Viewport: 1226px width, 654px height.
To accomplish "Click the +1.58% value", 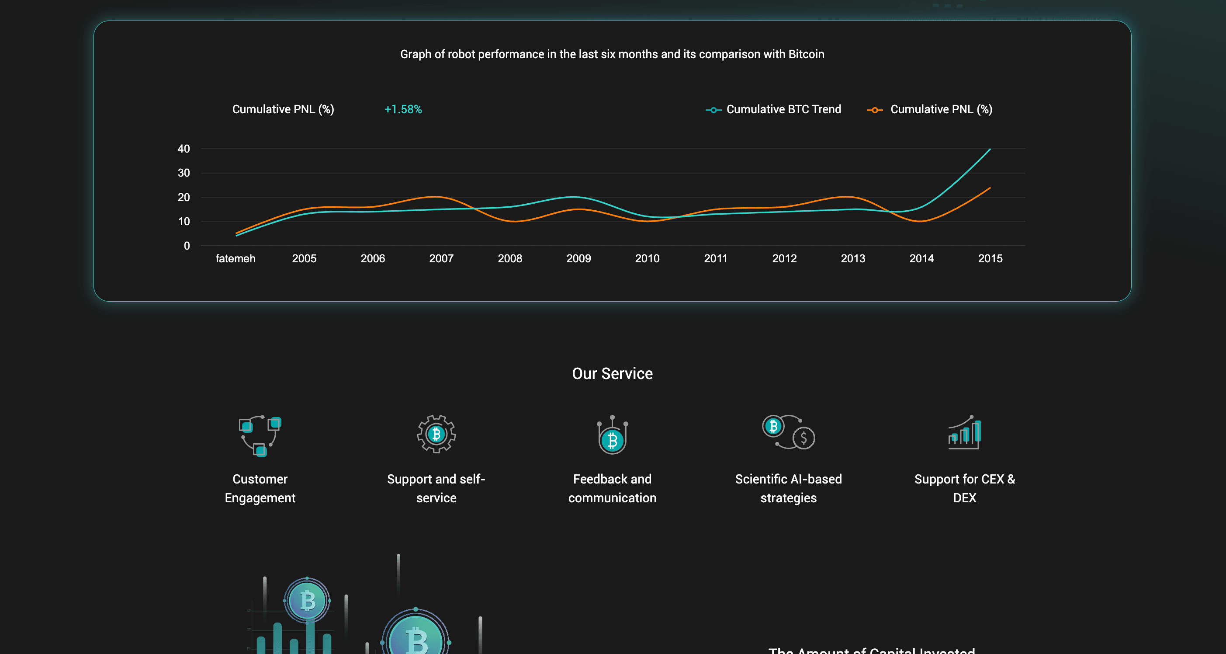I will pos(403,110).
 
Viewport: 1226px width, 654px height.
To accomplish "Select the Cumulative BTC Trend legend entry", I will pos(783,110).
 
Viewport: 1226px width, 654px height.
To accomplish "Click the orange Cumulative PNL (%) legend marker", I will pos(874,110).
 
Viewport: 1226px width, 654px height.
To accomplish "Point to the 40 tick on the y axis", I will pos(184,149).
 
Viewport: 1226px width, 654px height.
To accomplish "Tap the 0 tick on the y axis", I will pos(187,246).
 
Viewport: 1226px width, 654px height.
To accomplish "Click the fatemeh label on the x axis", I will pos(235,259).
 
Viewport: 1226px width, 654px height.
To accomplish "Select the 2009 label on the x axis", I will pos(578,259).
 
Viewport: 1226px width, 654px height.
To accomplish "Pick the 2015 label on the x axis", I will pos(990,259).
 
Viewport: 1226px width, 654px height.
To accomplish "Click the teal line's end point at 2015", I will pos(990,149).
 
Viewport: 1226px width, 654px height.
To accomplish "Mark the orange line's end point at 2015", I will pos(990,188).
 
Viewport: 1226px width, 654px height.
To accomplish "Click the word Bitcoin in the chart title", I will pos(806,54).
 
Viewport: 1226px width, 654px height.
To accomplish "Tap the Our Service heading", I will pos(612,374).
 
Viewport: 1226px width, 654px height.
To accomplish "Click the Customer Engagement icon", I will pos(260,435).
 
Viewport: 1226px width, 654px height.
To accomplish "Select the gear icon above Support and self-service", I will pos(436,434).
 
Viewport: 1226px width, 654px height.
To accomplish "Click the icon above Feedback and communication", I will pos(612,435).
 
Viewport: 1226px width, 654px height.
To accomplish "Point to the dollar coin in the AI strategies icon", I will pos(804,438).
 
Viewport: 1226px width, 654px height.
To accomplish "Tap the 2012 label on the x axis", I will pos(784,259).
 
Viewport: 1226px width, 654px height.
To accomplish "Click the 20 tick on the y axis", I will pos(184,197).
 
